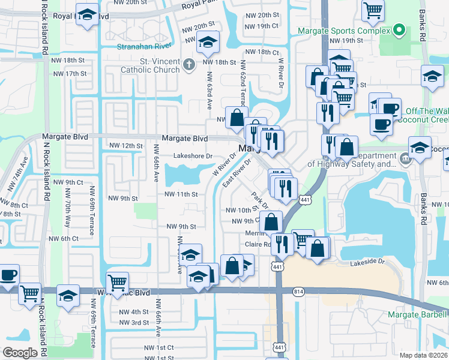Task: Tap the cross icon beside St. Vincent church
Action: click(189, 64)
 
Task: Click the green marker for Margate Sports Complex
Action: click(397, 31)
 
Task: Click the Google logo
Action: click(20, 353)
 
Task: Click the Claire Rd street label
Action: click(258, 244)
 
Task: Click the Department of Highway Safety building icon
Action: click(405, 160)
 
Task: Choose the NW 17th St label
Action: click(70, 73)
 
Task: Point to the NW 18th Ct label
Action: click(259, 52)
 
